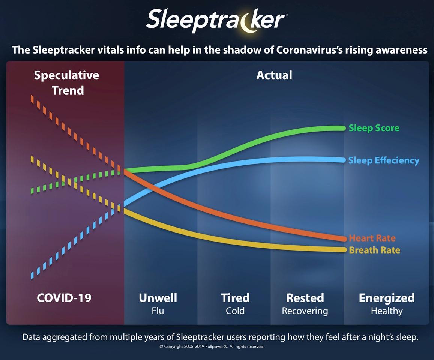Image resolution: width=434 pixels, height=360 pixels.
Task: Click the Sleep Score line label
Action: click(374, 128)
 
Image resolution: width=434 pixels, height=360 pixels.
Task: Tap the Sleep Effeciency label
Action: click(384, 160)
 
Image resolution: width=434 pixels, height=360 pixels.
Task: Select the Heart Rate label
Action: click(372, 238)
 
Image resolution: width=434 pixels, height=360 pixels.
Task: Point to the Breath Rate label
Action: click(374, 250)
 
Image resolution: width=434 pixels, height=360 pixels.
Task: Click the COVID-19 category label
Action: click(64, 298)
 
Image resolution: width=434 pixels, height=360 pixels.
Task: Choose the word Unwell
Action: click(158, 298)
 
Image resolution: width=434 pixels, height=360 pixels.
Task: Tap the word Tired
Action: click(235, 298)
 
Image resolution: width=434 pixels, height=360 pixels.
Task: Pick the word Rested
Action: click(305, 298)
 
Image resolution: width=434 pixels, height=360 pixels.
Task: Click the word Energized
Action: click(387, 298)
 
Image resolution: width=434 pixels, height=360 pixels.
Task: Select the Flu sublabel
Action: click(158, 311)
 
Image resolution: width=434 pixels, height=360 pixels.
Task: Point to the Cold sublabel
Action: click(235, 311)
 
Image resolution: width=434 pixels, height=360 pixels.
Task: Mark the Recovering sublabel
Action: click(305, 311)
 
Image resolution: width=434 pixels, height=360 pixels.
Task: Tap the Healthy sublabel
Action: click(387, 311)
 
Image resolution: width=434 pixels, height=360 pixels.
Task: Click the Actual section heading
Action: click(274, 75)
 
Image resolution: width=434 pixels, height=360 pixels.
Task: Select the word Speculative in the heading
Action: click(66, 75)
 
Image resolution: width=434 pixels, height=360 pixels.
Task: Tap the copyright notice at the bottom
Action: click(212, 346)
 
